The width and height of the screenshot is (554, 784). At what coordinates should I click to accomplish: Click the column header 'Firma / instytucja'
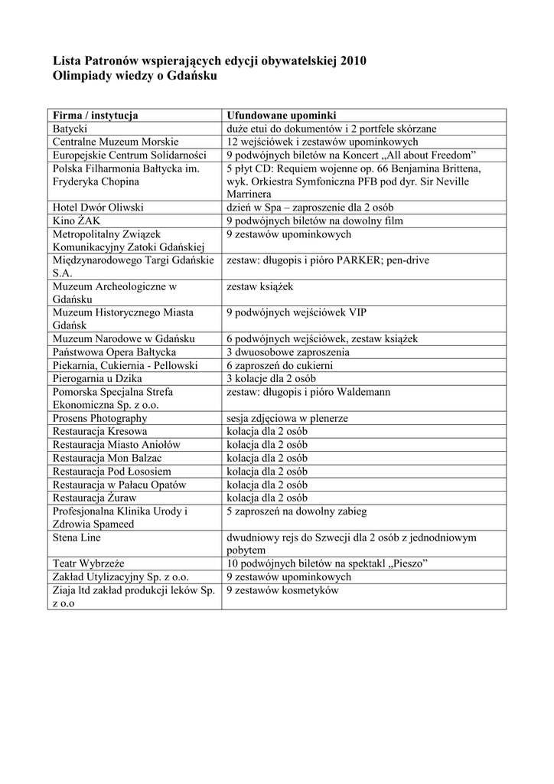click(x=95, y=116)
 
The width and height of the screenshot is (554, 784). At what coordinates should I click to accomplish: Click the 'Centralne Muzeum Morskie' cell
click(x=115, y=142)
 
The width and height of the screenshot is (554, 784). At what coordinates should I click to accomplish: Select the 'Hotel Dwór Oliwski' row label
click(x=98, y=207)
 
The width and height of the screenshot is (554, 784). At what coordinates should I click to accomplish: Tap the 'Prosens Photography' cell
click(x=99, y=418)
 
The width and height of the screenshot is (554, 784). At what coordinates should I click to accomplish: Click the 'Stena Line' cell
click(x=77, y=537)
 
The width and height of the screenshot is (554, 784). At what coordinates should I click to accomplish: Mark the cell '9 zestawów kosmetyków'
click(x=282, y=590)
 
